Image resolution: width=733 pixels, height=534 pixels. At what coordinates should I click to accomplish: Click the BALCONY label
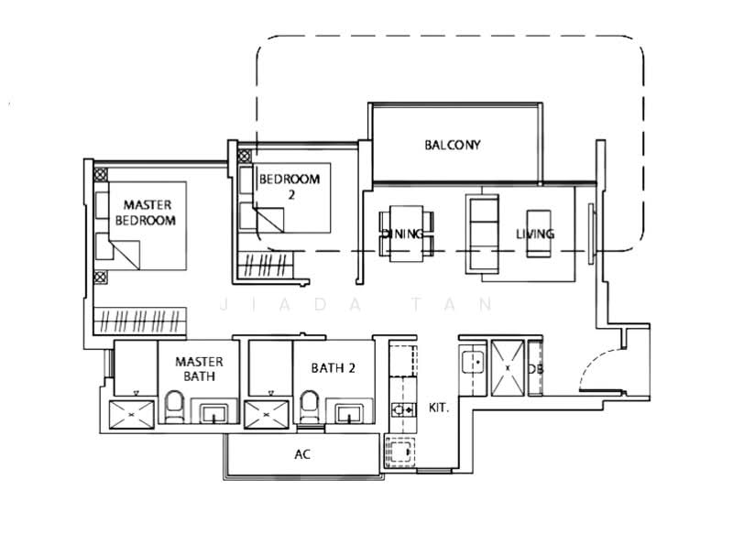[453, 145]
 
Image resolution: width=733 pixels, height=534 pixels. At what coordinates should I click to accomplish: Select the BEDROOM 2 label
[289, 187]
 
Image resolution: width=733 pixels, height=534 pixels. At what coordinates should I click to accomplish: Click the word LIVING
[534, 234]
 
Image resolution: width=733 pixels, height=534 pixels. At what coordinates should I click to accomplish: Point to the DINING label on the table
[402, 234]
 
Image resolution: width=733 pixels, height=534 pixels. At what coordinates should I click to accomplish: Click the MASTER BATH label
[199, 370]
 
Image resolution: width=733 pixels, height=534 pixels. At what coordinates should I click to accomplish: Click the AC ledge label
[301, 454]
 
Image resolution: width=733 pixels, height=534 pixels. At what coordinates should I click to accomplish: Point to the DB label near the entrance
[535, 368]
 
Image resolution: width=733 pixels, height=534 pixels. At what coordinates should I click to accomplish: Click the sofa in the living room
[484, 234]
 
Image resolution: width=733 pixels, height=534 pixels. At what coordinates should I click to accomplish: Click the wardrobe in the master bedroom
[142, 321]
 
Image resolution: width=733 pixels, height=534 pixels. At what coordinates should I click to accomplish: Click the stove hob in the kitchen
[400, 409]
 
